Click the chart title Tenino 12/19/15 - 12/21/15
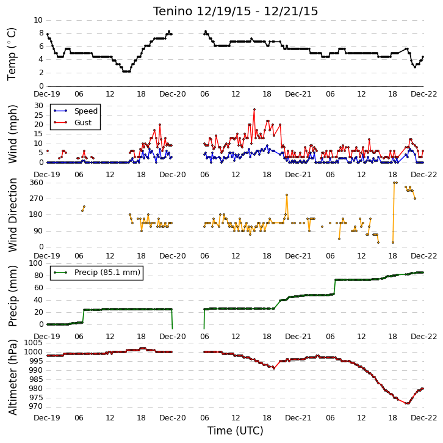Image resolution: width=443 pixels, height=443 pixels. (236, 12)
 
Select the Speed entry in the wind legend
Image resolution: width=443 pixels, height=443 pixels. (76, 111)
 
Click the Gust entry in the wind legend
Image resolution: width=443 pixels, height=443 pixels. (73, 122)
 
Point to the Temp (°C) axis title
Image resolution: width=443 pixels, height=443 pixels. (12, 54)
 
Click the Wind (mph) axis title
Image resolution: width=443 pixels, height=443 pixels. (12, 134)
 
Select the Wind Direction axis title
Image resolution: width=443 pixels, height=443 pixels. (12, 215)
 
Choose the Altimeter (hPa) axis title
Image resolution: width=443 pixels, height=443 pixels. (12, 377)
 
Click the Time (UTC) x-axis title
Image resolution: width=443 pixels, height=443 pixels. (236, 430)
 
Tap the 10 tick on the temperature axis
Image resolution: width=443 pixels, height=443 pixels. (38, 20)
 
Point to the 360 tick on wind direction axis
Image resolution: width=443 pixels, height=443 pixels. (37, 183)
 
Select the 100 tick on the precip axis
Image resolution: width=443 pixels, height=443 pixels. (36, 263)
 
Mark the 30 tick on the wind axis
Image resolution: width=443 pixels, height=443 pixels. (38, 106)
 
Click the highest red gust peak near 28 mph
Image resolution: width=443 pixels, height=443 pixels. (254, 109)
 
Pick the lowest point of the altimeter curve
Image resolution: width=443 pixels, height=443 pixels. (407, 403)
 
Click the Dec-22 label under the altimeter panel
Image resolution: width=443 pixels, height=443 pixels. (424, 417)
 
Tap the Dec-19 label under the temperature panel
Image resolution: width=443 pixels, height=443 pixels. (47, 93)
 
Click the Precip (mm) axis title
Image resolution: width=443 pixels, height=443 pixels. (12, 296)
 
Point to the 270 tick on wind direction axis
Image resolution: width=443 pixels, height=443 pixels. (37, 199)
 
